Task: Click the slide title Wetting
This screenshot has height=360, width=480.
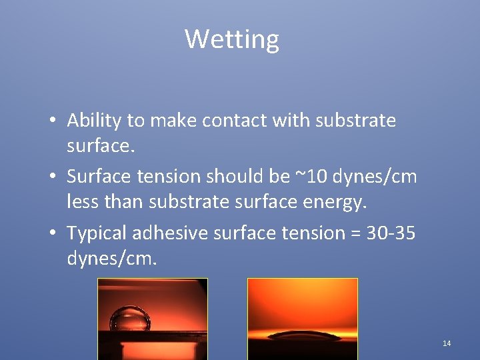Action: (232, 39)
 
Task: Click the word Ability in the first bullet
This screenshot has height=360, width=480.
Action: (94, 121)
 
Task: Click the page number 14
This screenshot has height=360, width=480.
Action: (447, 343)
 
